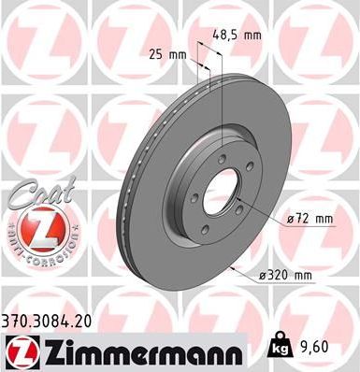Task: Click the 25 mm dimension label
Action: [x=167, y=55]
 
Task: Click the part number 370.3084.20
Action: [x=50, y=320]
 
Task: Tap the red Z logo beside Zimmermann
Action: [x=18, y=350]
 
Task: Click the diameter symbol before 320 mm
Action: [x=264, y=275]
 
